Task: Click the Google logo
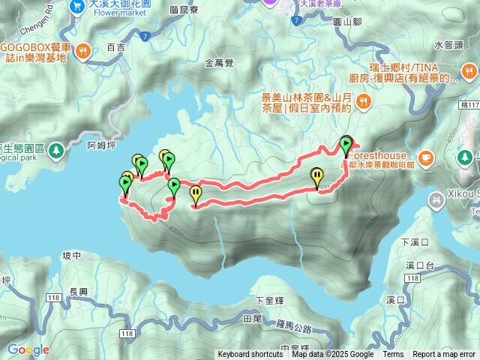[x=28, y=349]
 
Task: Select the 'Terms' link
[x=393, y=355]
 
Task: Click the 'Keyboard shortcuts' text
[x=250, y=355]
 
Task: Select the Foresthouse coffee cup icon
[x=426, y=157]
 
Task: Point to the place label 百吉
[x=116, y=47]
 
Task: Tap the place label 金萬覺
[x=220, y=64]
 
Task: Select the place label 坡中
[x=72, y=256]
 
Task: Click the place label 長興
[x=79, y=292]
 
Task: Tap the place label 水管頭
[x=448, y=44]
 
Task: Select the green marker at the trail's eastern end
[x=346, y=144]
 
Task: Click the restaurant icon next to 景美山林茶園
[x=364, y=101]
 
